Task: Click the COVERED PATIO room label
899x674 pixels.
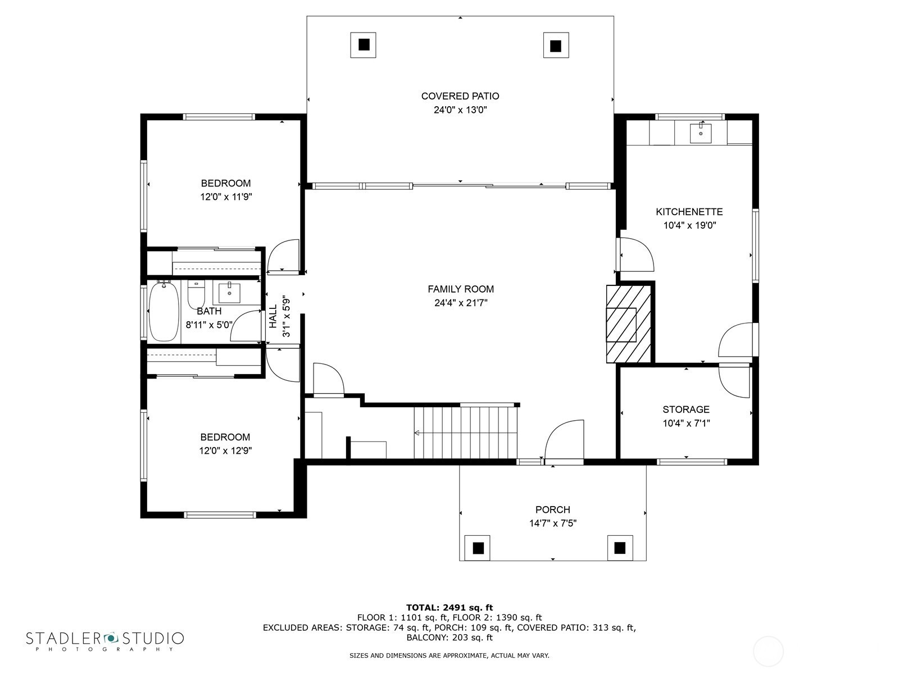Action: click(460, 96)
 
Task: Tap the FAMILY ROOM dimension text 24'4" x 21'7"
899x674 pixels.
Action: click(461, 303)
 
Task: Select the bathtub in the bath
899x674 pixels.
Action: click(164, 312)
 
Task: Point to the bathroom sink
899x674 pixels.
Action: click(229, 293)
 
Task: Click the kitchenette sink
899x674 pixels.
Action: click(701, 134)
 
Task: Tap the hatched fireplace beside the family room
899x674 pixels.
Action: click(629, 324)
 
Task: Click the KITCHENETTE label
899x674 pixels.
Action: click(689, 212)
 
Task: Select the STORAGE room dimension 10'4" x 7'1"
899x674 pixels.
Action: click(687, 423)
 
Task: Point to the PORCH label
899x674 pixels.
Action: click(552, 510)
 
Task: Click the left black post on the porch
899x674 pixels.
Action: click(478, 548)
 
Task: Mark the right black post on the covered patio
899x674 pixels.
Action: click(555, 45)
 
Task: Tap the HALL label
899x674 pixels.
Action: click(273, 316)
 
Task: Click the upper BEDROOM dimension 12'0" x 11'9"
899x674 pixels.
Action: click(226, 197)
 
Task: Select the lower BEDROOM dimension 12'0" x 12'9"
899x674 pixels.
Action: click(225, 451)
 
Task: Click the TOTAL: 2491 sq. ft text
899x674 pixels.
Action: click(449, 608)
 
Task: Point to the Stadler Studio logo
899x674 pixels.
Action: click(105, 640)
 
